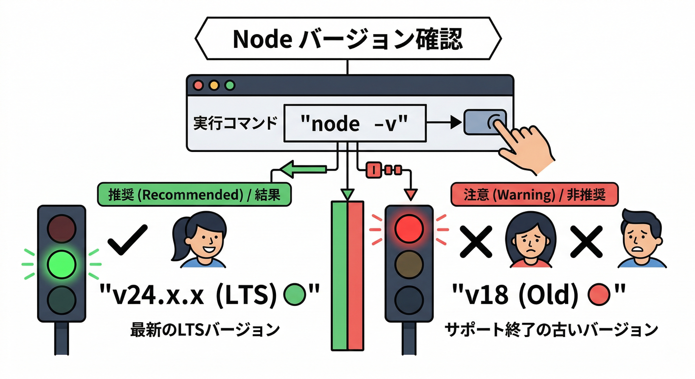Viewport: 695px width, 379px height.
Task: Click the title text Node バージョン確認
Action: (348, 40)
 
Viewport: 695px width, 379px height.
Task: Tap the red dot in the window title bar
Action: (199, 85)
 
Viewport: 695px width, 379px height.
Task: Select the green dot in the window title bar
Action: (230, 85)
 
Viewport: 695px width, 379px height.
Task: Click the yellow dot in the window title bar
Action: (214, 85)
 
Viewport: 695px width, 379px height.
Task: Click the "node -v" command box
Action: (354, 123)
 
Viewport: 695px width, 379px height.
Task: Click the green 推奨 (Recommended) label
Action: (193, 194)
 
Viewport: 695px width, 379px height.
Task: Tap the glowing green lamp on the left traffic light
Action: (62, 264)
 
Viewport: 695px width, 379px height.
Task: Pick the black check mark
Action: (127, 239)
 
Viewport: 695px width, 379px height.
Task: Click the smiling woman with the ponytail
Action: (200, 240)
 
